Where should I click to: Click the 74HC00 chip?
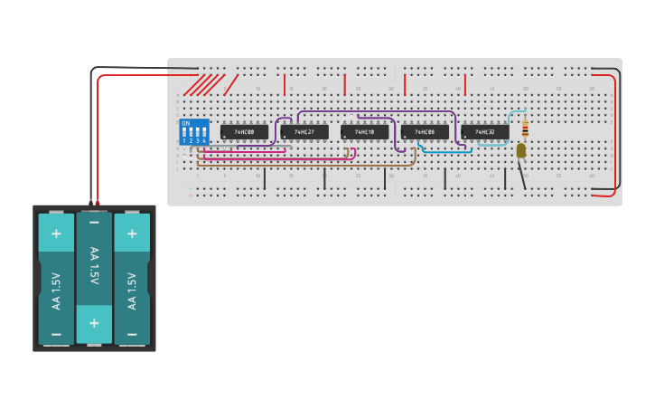(244, 132)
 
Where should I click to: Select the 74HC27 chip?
(304, 132)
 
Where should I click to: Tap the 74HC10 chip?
(364, 132)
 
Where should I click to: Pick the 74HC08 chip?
(425, 132)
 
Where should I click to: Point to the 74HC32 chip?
(485, 132)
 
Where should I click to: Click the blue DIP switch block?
(194, 132)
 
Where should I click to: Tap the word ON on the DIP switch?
(186, 123)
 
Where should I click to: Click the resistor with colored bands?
(526, 129)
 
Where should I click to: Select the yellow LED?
(521, 151)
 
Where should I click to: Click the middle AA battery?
(94, 278)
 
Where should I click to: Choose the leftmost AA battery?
(56, 279)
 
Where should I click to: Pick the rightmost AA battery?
(132, 279)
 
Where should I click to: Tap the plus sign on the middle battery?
(94, 322)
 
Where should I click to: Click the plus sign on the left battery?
(56, 234)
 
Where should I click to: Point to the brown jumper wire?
(307, 165)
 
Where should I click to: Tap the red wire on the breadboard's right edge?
(615, 136)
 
